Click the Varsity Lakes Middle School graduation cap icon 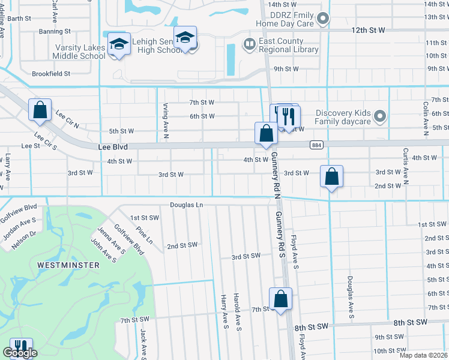119,44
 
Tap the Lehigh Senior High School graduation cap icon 185,38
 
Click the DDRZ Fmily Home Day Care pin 324,19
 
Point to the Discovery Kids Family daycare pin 379,116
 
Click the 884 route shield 316,145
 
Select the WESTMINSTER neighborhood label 64,265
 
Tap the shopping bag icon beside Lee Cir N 40,110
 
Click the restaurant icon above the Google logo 18,347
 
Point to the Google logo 20,353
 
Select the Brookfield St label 50,74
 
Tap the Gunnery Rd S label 280,234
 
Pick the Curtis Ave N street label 406,165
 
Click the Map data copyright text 424,355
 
